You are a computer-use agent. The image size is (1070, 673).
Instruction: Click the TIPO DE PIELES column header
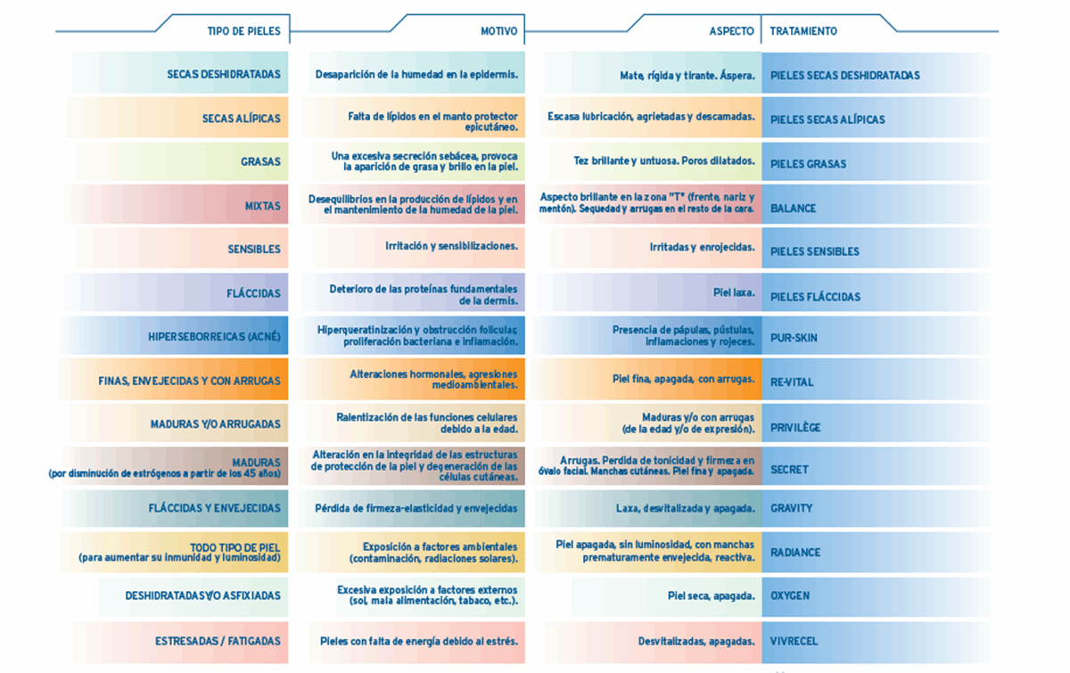click(x=243, y=31)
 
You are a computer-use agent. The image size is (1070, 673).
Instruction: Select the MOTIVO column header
click(x=498, y=31)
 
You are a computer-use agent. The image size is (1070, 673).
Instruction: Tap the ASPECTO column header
click(x=731, y=31)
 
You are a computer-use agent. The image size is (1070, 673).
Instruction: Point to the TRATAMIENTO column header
click(x=803, y=31)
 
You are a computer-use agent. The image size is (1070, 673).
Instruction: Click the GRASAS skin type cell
click(x=260, y=162)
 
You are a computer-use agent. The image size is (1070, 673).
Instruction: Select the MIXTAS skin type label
click(x=262, y=206)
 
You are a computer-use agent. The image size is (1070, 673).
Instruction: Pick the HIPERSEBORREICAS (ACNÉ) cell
click(x=214, y=337)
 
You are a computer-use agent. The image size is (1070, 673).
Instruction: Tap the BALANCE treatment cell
click(x=793, y=209)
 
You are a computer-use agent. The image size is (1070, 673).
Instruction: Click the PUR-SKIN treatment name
click(x=794, y=339)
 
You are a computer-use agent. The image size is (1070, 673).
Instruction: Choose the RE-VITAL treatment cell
click(x=792, y=382)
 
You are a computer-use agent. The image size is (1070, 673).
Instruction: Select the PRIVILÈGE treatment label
click(x=795, y=428)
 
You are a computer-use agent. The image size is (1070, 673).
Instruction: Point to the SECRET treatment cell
click(x=789, y=469)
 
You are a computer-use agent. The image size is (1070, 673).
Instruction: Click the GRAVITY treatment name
click(x=791, y=508)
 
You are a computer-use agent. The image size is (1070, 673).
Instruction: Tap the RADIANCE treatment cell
click(x=795, y=553)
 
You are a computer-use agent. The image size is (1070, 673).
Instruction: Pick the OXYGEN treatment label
click(x=790, y=595)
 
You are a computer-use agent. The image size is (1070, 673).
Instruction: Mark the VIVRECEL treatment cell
click(x=794, y=641)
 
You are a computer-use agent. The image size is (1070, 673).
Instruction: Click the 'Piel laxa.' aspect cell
click(x=734, y=292)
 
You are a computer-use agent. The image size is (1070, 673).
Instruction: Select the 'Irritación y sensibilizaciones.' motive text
click(x=451, y=246)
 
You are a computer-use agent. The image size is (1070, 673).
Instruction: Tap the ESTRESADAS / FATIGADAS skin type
click(x=218, y=641)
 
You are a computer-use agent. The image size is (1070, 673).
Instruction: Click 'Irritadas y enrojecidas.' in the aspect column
click(x=702, y=247)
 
